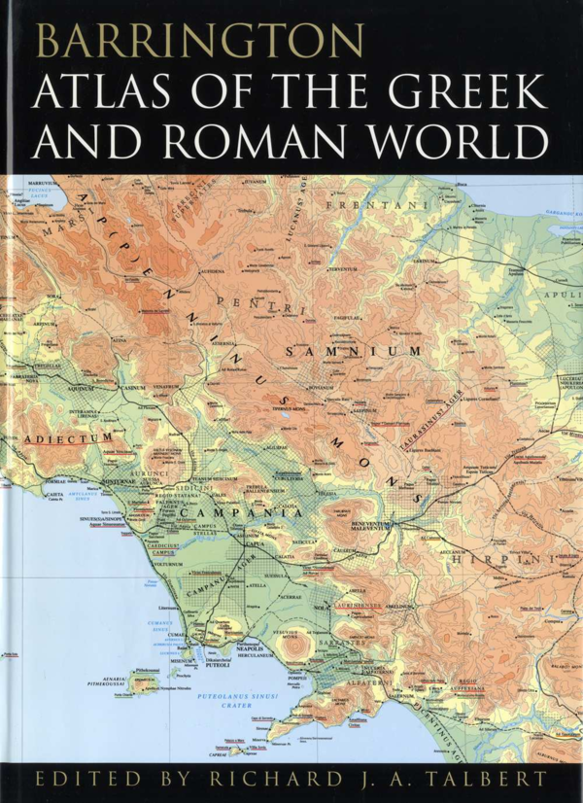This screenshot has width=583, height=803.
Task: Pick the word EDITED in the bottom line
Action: tap(79, 780)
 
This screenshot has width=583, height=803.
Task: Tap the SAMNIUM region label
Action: tap(356, 350)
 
